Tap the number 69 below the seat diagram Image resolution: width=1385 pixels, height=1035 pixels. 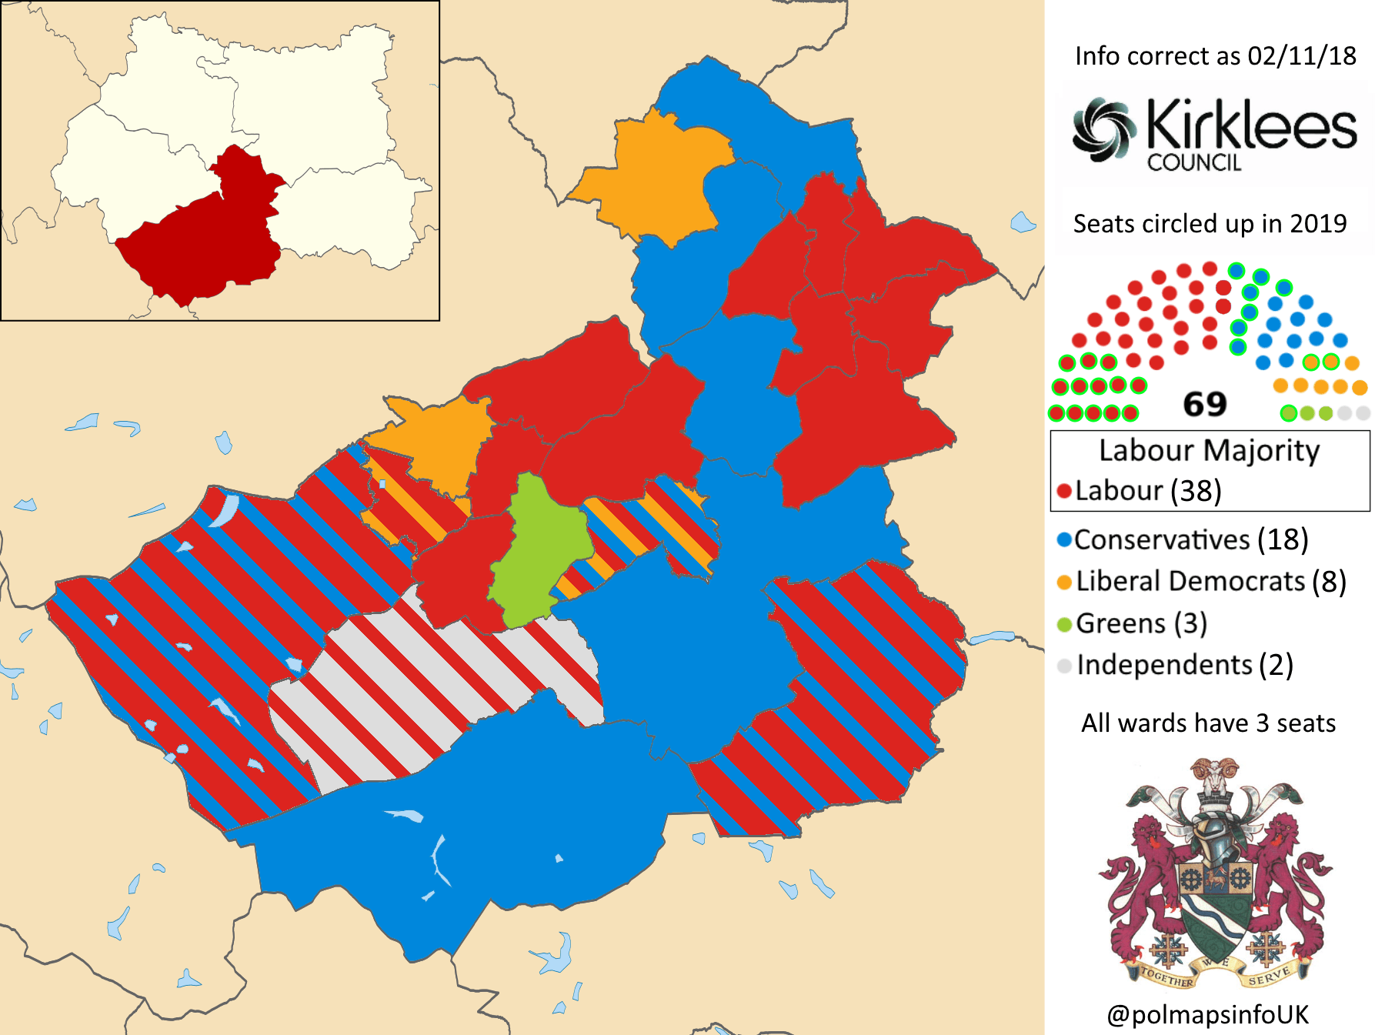[1204, 404]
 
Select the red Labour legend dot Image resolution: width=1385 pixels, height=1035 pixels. [1065, 491]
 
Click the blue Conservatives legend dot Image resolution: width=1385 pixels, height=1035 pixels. [1064, 540]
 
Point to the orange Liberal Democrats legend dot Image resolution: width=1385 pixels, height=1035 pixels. [1065, 582]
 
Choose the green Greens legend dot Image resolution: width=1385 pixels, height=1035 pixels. [1065, 624]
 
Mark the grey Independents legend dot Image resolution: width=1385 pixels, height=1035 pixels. [1065, 666]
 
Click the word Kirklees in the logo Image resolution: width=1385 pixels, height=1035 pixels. [1251, 125]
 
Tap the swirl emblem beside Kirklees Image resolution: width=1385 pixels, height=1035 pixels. [1104, 129]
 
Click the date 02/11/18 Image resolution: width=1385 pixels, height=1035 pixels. [1302, 56]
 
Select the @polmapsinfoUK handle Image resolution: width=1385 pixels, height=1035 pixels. [1207, 1014]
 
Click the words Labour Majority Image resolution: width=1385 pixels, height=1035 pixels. [1209, 450]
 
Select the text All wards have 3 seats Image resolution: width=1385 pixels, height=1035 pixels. [1208, 723]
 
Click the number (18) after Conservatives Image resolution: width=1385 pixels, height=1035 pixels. [1283, 540]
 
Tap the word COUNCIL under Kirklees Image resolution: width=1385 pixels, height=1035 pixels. [1194, 162]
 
